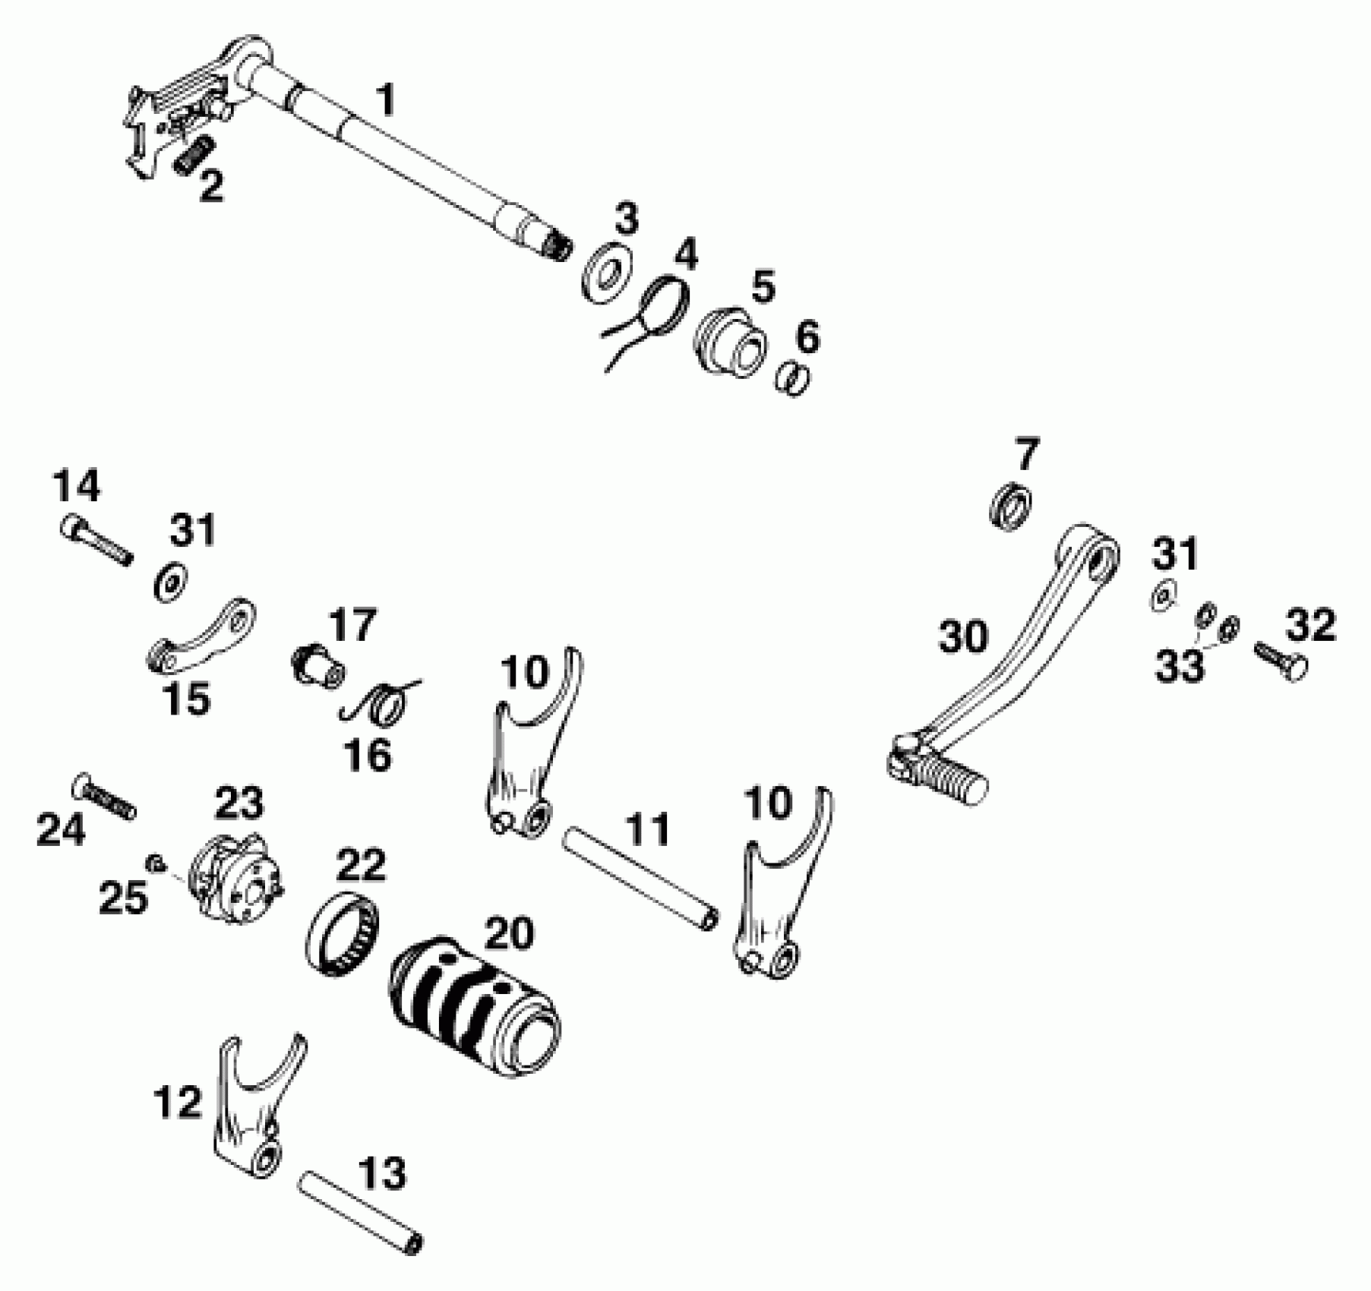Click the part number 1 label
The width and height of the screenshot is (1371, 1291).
tap(386, 101)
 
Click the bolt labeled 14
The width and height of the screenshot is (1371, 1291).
tap(94, 539)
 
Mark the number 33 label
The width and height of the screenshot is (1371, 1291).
tap(1180, 666)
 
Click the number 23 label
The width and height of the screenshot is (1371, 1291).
tap(239, 802)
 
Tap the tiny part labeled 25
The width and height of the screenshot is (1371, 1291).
tap(156, 862)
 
